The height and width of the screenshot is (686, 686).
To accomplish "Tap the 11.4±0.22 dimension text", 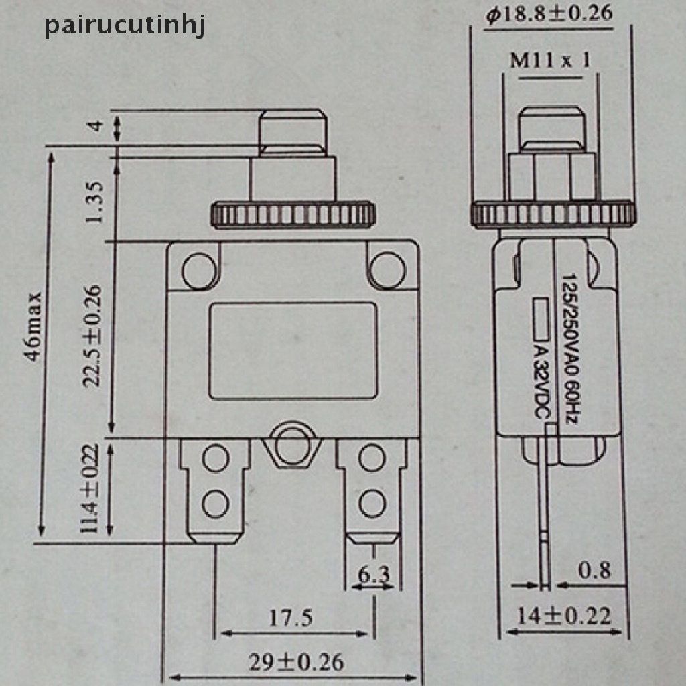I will [91, 490].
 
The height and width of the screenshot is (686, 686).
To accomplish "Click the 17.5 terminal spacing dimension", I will [291, 618].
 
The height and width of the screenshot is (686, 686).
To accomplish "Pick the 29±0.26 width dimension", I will [296, 663].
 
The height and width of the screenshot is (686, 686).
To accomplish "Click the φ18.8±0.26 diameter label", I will [549, 14].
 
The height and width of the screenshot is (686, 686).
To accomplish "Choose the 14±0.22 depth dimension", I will [563, 615].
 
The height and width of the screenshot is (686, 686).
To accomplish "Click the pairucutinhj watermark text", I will [125, 27].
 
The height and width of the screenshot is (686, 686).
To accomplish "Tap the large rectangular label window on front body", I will [293, 350].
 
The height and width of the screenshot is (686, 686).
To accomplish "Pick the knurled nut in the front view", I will [293, 214].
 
